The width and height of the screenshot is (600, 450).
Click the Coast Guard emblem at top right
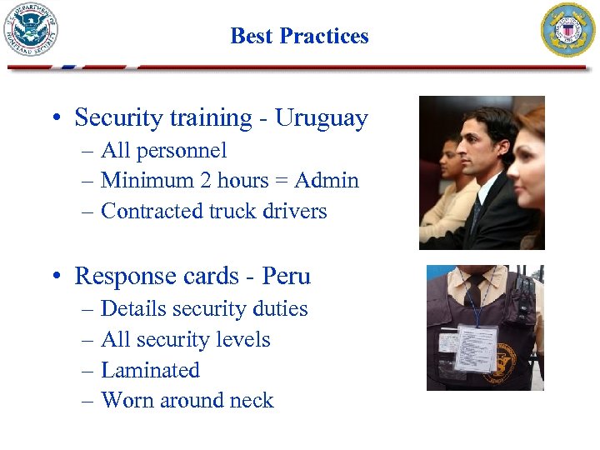[x=569, y=30]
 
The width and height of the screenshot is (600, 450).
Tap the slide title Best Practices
[x=299, y=36]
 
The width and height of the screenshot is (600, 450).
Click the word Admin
[x=328, y=181]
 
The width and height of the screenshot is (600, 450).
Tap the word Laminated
[x=150, y=370]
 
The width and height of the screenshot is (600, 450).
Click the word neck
[x=253, y=401]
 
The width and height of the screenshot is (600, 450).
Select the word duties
[x=281, y=309]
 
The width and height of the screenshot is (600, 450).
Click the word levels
[x=242, y=340]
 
